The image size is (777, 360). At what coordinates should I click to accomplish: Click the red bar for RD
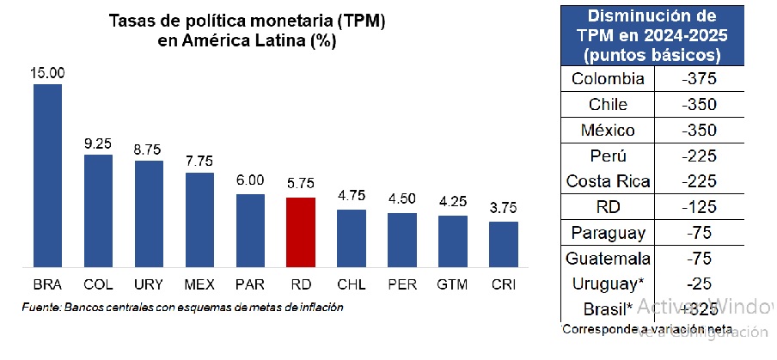(x=300, y=232)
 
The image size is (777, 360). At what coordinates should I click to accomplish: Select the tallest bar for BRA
(x=48, y=175)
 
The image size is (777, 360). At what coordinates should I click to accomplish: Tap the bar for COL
(x=98, y=211)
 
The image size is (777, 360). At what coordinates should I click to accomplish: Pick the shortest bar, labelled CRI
(x=504, y=244)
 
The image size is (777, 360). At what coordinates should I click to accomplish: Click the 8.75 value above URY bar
(x=149, y=149)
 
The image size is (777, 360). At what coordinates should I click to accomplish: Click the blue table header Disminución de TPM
(x=651, y=34)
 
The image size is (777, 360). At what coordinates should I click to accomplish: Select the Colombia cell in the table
(x=608, y=79)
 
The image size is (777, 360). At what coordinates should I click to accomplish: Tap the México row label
(x=608, y=131)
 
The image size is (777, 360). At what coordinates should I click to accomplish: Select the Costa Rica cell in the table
(x=608, y=181)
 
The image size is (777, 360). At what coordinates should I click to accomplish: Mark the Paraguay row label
(x=608, y=233)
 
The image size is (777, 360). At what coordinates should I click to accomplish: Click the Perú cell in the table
(x=608, y=156)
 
